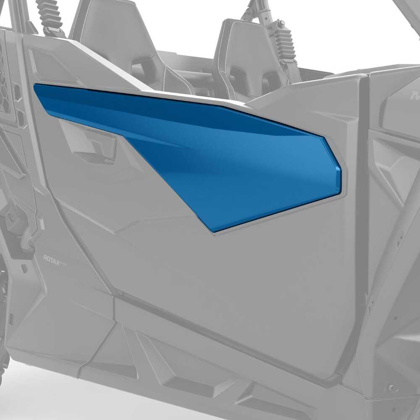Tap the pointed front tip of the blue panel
click(x=37, y=87)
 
